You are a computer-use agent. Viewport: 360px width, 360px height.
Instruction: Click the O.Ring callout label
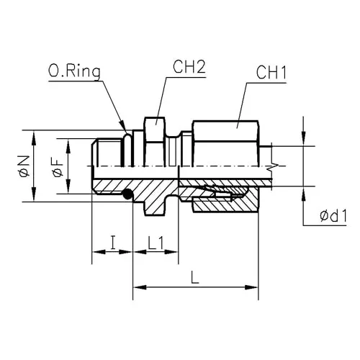click(x=74, y=71)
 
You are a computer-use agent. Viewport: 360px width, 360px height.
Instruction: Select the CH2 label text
click(x=189, y=67)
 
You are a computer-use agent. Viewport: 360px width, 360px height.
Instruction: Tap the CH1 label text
click(x=271, y=73)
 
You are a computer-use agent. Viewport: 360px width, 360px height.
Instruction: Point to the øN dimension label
click(x=24, y=166)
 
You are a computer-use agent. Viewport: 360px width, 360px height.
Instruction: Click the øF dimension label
click(x=58, y=166)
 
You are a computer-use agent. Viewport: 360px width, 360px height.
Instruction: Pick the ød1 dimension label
click(x=333, y=215)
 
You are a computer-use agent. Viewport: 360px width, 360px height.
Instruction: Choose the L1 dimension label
click(x=156, y=243)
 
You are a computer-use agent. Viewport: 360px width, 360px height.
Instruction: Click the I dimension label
click(x=112, y=243)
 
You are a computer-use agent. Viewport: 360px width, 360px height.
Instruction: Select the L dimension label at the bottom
click(x=195, y=277)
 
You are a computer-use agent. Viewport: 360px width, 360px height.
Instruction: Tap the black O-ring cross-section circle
click(x=127, y=194)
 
